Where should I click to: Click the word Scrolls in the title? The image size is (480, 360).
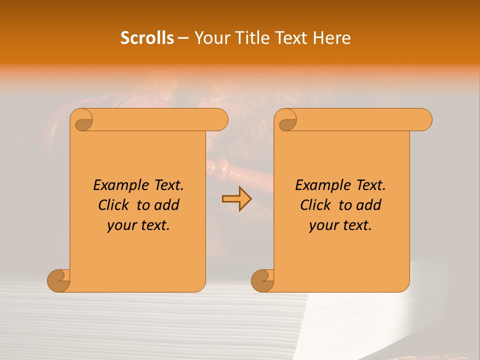(147, 37)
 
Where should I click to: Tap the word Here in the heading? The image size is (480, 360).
(331, 37)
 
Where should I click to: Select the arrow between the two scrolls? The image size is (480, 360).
(236, 198)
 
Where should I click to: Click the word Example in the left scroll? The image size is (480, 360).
(116, 185)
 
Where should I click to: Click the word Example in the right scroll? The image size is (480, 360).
(318, 185)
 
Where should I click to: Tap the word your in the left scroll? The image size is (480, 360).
(122, 225)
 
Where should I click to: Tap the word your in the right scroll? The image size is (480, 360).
(324, 225)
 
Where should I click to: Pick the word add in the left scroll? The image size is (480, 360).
(167, 205)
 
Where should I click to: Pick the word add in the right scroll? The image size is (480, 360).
(369, 205)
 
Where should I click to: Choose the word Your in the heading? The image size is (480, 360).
(211, 37)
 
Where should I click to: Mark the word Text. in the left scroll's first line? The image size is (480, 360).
(167, 185)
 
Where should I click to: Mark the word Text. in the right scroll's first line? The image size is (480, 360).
(369, 185)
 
